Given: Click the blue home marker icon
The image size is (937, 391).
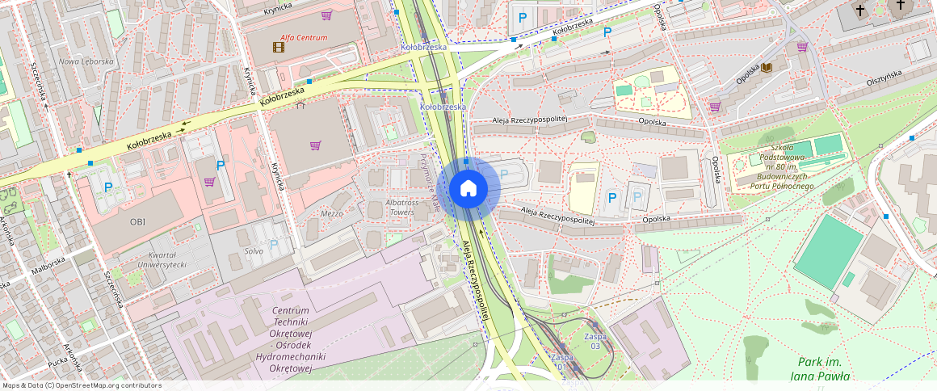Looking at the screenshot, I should pos(468,189).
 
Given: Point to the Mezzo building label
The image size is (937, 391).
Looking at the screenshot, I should pos(332,213).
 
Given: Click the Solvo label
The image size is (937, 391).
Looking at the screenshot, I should pos(254,251).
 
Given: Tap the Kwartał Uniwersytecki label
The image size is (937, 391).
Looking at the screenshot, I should pos(162,259).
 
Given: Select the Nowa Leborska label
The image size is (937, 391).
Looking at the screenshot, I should pos(86,61).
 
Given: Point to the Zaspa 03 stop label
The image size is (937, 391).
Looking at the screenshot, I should pos(595,341).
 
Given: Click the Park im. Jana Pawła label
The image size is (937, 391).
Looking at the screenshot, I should pos(823,368).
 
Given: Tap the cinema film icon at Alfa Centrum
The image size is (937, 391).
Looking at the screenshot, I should pos(279,47).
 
